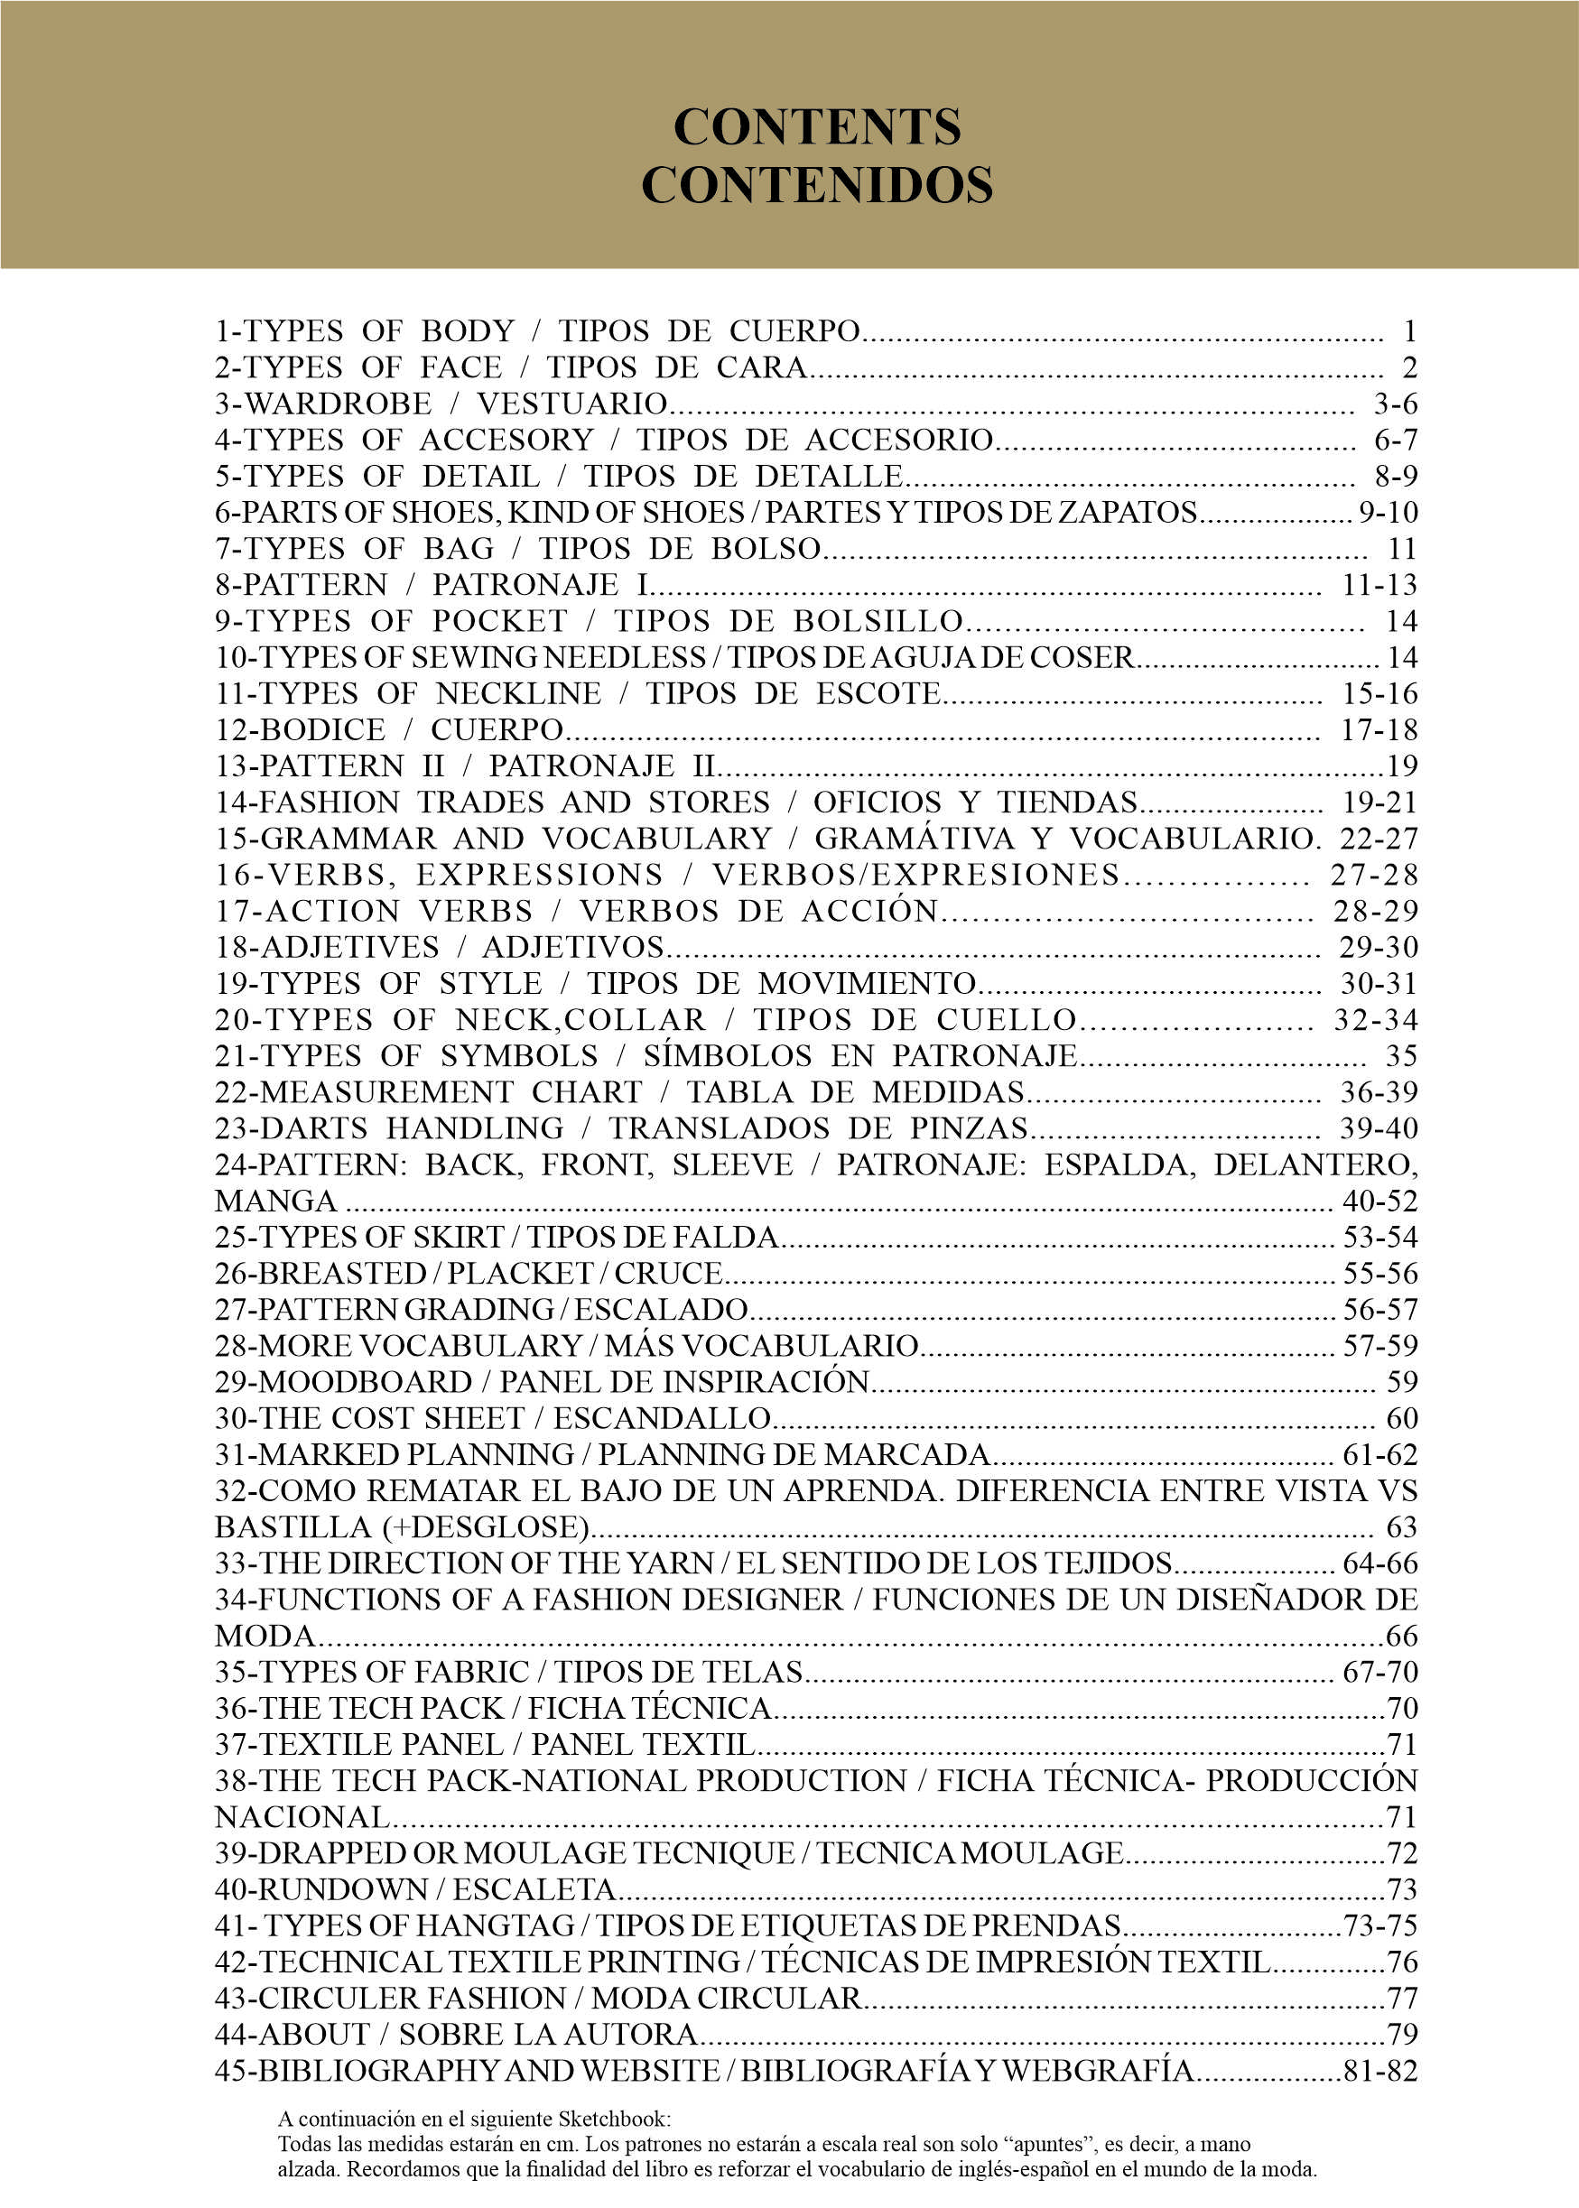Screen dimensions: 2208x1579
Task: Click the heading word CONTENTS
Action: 817,127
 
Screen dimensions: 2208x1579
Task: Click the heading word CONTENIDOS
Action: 817,185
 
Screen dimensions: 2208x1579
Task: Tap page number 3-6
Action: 1395,404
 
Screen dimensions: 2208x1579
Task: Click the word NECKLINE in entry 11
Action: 518,693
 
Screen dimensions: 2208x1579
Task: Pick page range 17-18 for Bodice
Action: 1379,729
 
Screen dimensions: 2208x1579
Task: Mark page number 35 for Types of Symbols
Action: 1401,1056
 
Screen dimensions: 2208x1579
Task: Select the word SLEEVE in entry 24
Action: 732,1164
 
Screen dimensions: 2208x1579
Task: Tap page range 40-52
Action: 1379,1201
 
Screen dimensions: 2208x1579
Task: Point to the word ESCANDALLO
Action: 662,1418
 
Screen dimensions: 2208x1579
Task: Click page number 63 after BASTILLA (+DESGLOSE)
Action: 1401,1527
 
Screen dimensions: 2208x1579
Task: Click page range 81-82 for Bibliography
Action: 1379,2070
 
